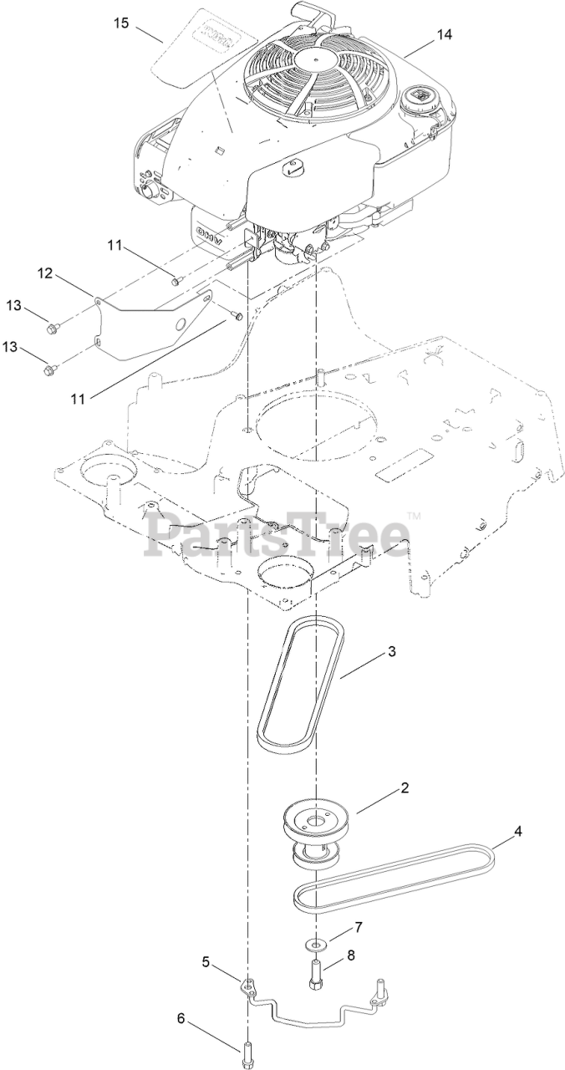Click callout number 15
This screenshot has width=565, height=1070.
[x=121, y=23]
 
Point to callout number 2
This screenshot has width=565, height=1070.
[x=404, y=787]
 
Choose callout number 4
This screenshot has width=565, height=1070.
[x=517, y=832]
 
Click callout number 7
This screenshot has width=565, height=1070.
[x=359, y=927]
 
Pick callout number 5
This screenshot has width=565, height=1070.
[x=206, y=962]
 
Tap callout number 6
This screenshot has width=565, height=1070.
[x=180, y=1018]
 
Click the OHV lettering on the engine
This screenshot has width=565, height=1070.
[x=211, y=233]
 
